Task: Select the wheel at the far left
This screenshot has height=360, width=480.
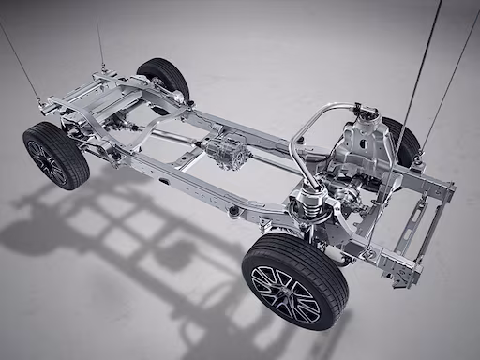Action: [55, 155]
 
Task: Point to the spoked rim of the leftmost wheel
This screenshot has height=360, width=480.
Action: [46, 162]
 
